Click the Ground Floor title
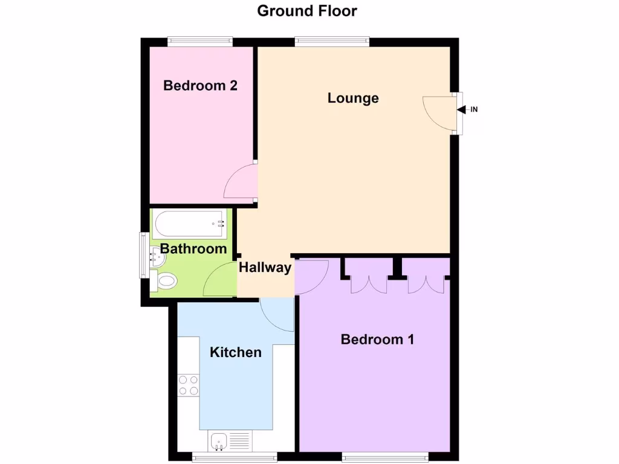(x=307, y=11)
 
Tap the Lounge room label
(x=353, y=98)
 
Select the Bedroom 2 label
(x=200, y=86)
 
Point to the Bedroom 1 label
(x=377, y=340)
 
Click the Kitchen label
(x=236, y=352)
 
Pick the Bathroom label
(x=193, y=249)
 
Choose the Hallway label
(x=265, y=268)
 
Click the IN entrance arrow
(x=462, y=110)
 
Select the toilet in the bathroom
(x=165, y=281)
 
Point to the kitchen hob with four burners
(x=189, y=385)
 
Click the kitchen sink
(x=218, y=442)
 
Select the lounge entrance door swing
(x=438, y=111)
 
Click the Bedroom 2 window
(x=200, y=42)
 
